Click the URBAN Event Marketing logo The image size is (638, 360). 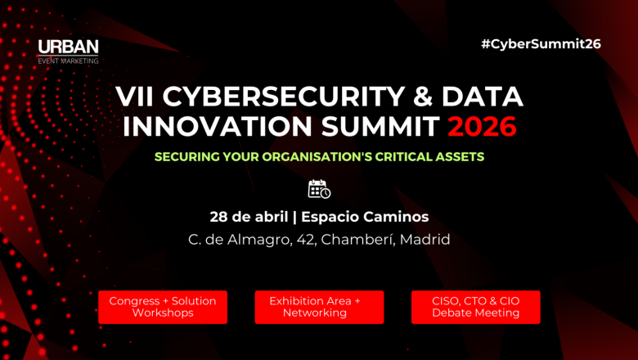point(68,51)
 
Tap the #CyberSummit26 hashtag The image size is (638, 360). point(541,44)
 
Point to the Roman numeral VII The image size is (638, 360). point(135,97)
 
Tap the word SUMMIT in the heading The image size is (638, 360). point(375,127)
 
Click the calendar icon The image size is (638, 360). point(319,189)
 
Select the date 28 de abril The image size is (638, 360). point(248,217)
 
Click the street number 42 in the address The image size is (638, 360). point(303,240)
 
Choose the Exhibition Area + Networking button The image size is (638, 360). point(315,307)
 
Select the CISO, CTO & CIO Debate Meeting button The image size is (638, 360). point(475,307)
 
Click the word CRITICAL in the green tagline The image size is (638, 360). point(402,156)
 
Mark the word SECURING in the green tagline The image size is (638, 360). point(189,156)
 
